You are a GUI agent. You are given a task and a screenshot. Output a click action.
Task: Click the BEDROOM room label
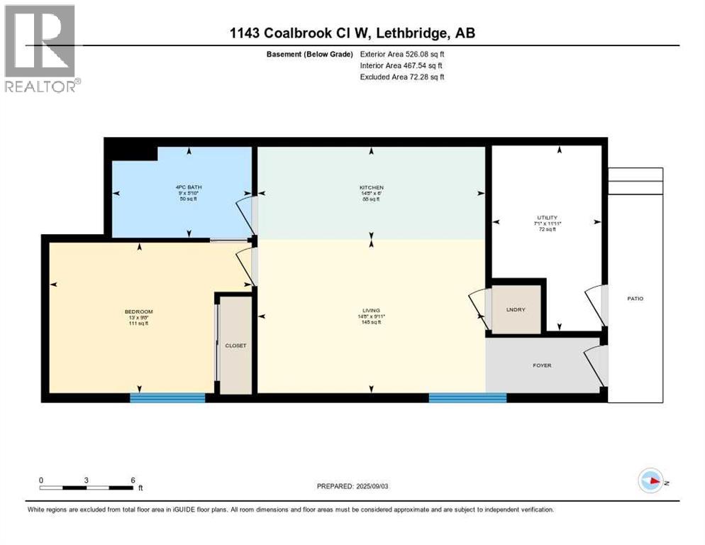point(139,312)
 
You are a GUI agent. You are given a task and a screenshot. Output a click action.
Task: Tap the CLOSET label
point(235,346)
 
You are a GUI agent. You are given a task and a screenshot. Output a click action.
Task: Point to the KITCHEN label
point(371,188)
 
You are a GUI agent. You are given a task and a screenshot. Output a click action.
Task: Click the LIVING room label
point(371,310)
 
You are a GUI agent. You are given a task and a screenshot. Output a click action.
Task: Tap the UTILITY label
point(547,218)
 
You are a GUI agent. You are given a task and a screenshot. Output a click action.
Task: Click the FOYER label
point(542,365)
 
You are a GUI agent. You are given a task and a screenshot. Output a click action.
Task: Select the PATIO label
point(635,299)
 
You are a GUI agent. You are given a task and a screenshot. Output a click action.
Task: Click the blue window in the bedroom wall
point(167,398)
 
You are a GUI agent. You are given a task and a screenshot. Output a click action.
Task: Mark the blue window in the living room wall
point(467,398)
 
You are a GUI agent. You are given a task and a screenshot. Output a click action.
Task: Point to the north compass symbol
point(650,480)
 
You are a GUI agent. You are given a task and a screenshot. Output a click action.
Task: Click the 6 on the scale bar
point(133,480)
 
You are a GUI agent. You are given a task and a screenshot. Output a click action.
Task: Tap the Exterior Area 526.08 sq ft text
point(403,54)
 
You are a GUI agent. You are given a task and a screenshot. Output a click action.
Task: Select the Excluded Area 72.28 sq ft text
point(403,77)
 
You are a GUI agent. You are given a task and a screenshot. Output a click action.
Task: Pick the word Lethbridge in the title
point(416,33)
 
